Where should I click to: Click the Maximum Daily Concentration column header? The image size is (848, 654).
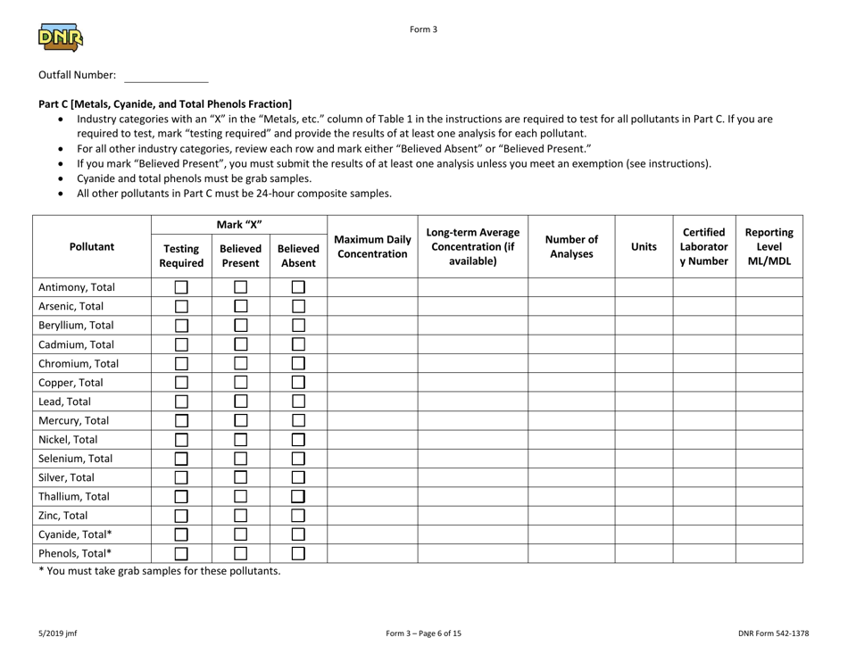[372, 242]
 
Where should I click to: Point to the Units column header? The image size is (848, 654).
[643, 242]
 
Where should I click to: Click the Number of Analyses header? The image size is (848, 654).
[571, 242]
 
